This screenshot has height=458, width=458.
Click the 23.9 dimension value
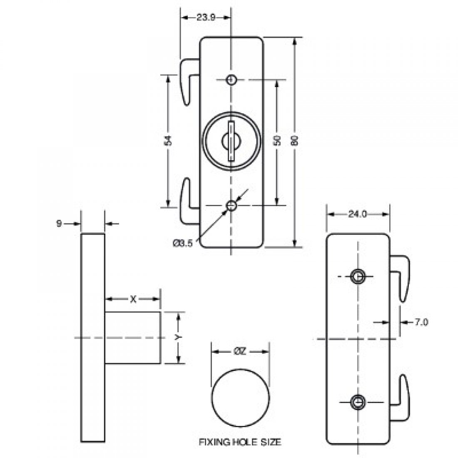[205, 17]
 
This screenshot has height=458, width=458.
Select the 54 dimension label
[169, 141]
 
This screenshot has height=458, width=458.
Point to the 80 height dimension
[296, 141]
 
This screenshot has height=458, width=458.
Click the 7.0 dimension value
[421, 322]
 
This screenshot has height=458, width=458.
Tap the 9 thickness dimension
[59, 224]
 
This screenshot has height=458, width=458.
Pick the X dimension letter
[133, 299]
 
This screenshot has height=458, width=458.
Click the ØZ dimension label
[240, 351]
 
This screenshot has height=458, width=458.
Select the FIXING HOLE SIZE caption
[240, 442]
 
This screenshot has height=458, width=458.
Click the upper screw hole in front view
[231, 80]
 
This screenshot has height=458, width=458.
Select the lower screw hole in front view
[231, 205]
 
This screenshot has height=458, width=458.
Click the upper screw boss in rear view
[358, 276]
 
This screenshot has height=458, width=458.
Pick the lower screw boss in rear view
[358, 402]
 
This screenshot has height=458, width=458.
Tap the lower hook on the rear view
[402, 398]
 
